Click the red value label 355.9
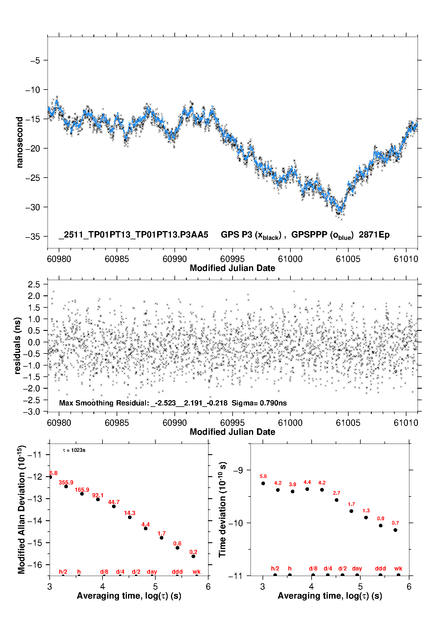pyautogui.click(x=66, y=482)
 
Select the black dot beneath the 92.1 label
pyautogui.click(x=98, y=499)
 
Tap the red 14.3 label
pyautogui.click(x=130, y=513)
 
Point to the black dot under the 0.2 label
pyautogui.click(x=193, y=556)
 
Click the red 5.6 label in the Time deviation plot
pyautogui.click(x=263, y=476)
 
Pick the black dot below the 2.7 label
pyautogui.click(x=337, y=500)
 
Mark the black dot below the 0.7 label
pyautogui.click(x=395, y=530)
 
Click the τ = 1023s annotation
pyautogui.click(x=74, y=450)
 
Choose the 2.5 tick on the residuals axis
pyautogui.click(x=34, y=284)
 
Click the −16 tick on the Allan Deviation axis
pyautogui.click(x=35, y=565)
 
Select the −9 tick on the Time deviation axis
pyautogui.click(x=238, y=470)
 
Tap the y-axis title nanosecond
pyautogui.click(x=20, y=142)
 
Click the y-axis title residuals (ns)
pyautogui.click(x=18, y=346)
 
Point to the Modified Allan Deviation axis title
pyautogui.click(x=21, y=509)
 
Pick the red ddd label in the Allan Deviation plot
pyautogui.click(x=177, y=572)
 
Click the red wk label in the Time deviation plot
pyautogui.click(x=398, y=568)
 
